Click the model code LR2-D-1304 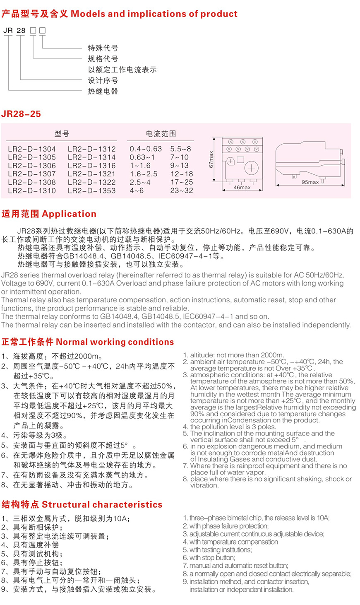(32, 149)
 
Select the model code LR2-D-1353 (91, 190)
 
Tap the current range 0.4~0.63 (146, 149)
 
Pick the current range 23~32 (182, 190)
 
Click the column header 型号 (62, 134)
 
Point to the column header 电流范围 (161, 134)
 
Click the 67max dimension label (211, 159)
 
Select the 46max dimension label (242, 188)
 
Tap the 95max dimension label (310, 182)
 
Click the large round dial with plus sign (251, 168)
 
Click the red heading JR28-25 (21, 114)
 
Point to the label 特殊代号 (103, 48)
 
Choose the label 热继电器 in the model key (103, 91)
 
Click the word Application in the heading (69, 214)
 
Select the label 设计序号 (103, 80)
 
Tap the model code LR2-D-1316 (91, 165)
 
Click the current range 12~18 (182, 174)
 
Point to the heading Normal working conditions (115, 342)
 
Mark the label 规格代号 (103, 59)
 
